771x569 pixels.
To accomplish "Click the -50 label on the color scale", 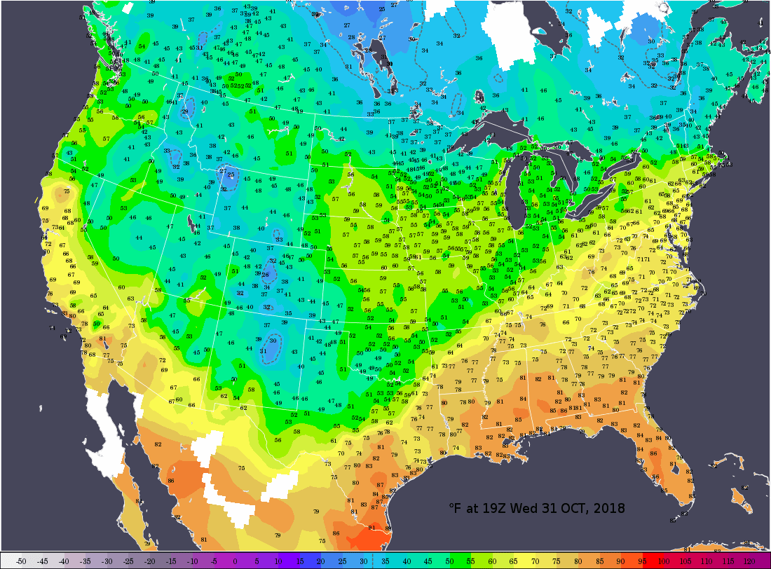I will [x=21, y=561].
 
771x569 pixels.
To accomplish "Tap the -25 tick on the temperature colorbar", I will [x=128, y=561].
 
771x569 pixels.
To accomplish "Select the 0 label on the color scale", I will [x=235, y=561].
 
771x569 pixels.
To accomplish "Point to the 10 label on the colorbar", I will [x=278, y=561].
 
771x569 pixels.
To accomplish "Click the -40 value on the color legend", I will [x=64, y=561].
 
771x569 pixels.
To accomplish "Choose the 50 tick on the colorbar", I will [x=449, y=561].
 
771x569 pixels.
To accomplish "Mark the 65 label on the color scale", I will [x=514, y=561].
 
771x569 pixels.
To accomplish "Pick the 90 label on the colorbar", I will [x=621, y=561].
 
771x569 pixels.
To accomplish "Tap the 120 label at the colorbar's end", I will [x=749, y=561].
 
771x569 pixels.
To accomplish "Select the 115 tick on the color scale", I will [x=728, y=561].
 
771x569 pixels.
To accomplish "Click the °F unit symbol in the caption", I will [x=456, y=507].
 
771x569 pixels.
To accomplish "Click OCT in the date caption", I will [x=573, y=507].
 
